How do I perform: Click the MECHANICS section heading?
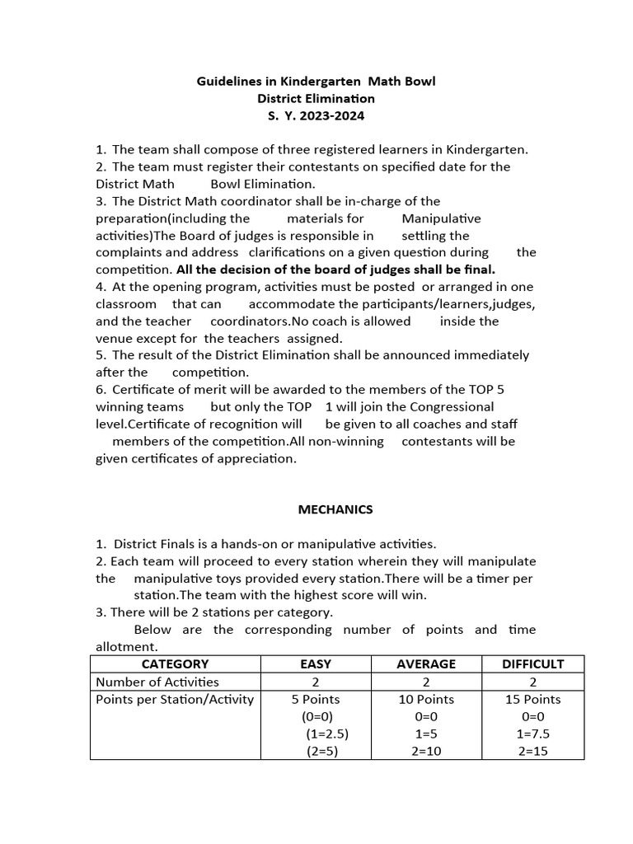pos(335,509)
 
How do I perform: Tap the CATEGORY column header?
pos(175,664)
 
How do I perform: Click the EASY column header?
pos(316,664)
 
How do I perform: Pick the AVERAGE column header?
pos(426,664)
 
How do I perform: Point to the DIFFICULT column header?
pos(532,664)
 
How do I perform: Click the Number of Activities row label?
pos(157,682)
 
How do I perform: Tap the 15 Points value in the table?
pos(532,699)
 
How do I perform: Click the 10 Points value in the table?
pos(426,699)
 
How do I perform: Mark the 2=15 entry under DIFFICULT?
pos(532,751)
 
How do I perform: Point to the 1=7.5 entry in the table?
pos(532,734)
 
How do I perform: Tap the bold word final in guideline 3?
pos(476,270)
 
